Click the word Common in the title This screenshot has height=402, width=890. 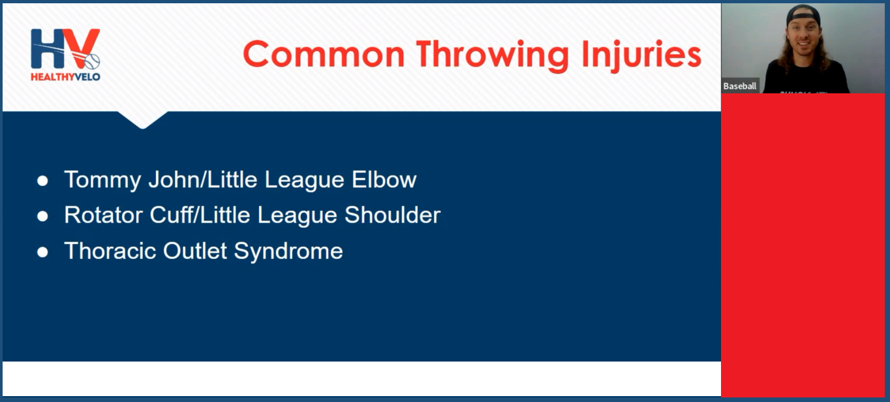(324, 54)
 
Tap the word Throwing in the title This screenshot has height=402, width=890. (493, 55)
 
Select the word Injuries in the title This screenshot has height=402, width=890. (641, 55)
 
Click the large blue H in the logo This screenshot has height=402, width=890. (48, 48)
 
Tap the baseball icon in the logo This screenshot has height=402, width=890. (92, 61)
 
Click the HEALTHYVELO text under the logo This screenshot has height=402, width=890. (65, 77)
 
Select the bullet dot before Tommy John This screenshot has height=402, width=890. (42, 181)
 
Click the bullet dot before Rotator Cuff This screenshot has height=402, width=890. (42, 217)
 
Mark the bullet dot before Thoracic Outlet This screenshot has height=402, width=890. (42, 253)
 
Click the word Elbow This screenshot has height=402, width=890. (384, 179)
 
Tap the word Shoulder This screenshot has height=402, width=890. (393, 215)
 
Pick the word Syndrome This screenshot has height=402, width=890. (288, 251)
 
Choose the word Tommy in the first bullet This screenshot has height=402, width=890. (102, 180)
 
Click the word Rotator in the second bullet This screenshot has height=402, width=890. (103, 215)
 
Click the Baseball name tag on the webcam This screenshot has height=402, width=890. (740, 85)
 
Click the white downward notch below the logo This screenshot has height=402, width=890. (143, 119)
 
